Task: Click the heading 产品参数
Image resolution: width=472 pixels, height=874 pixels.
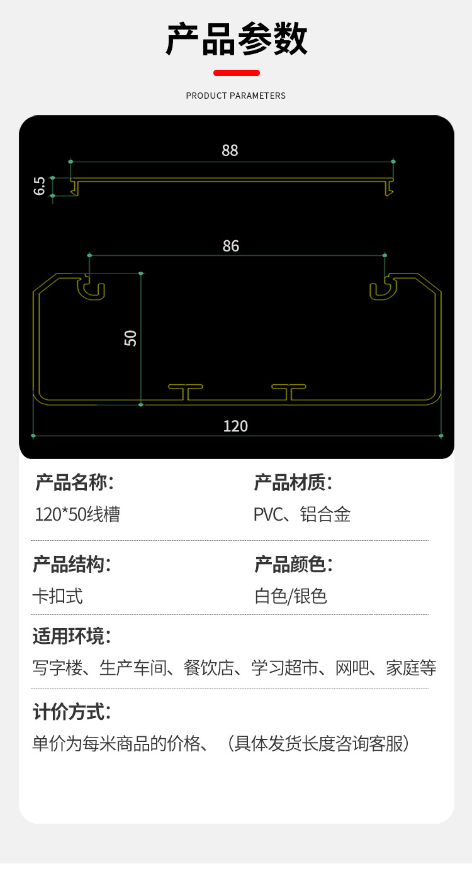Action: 236,39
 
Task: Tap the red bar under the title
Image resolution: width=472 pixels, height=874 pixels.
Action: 236,73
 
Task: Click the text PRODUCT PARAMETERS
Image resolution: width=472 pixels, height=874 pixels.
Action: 236,96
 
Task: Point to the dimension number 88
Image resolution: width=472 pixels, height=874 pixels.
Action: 230,150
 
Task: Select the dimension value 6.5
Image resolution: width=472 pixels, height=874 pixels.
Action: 40,186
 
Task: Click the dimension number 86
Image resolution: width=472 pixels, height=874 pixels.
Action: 231,246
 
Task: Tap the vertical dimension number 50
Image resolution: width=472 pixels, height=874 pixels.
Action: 130,338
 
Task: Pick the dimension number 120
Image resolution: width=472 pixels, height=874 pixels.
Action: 235,426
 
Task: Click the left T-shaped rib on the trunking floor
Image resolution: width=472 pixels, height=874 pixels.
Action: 186,391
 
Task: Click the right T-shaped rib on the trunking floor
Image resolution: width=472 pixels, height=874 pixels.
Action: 289,391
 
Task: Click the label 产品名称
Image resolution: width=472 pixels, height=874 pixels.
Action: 74,483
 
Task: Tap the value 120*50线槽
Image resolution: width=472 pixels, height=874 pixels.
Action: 77,514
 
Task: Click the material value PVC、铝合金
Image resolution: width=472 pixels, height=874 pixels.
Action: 302,514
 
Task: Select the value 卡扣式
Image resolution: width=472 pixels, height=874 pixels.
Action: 57,595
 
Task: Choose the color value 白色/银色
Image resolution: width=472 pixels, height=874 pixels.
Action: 291,595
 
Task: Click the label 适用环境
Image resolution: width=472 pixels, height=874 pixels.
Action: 71,636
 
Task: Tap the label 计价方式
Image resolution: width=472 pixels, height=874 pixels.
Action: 71,712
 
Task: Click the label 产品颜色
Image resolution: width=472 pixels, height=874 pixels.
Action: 293,565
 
